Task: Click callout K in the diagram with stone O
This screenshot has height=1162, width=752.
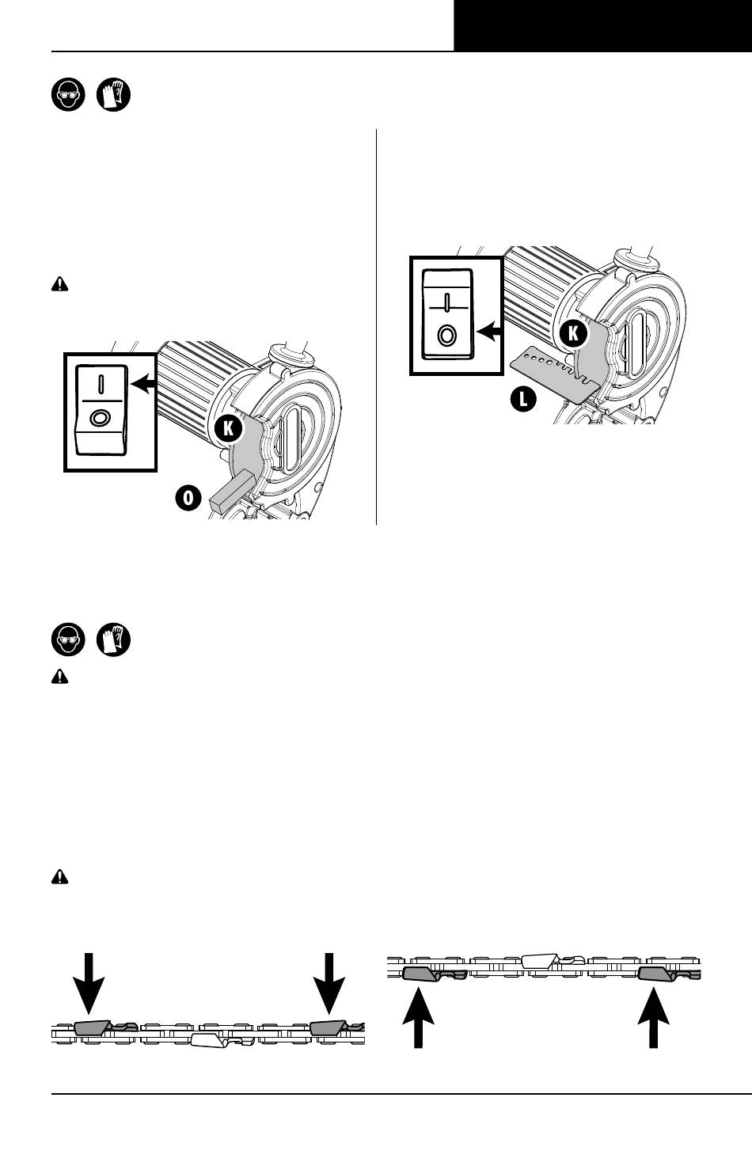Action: tap(228, 429)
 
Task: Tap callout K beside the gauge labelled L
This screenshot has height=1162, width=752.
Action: tap(573, 333)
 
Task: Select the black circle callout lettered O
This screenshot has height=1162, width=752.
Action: tap(188, 498)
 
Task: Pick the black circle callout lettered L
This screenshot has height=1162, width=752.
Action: tap(523, 399)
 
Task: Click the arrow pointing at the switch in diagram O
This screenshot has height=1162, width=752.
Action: tap(142, 385)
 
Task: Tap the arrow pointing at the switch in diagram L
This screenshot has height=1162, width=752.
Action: tap(488, 331)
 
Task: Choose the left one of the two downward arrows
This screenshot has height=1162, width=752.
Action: tap(89, 983)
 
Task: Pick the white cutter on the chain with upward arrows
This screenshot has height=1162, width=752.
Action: tap(541, 960)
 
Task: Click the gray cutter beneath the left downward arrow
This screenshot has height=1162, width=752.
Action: tap(93, 1027)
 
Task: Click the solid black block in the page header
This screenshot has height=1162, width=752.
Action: tap(602, 25)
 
